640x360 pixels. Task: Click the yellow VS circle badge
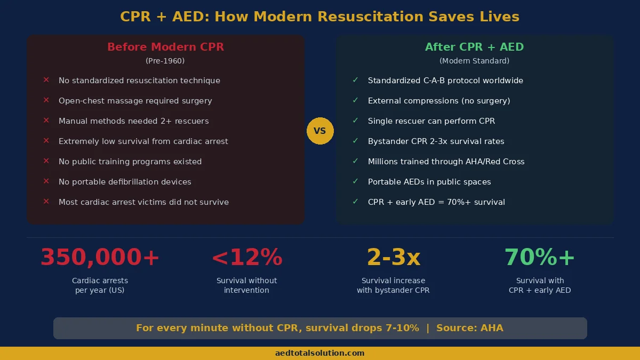coord(320,131)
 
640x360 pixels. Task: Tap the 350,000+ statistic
coord(100,258)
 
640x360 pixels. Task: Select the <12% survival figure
coord(246,258)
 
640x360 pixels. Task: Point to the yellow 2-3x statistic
coord(393,258)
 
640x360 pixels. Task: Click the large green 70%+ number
coord(540,258)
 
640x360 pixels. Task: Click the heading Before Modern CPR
coord(165,47)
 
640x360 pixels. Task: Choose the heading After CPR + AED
coord(474,47)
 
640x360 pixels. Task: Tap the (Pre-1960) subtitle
coord(165,61)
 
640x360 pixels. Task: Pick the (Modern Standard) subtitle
coord(474,61)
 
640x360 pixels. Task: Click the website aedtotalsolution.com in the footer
coord(320,353)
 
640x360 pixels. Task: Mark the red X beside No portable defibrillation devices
coord(46,181)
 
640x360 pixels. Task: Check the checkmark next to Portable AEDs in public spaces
coord(355,181)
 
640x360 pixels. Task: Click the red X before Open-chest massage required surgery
coord(46,100)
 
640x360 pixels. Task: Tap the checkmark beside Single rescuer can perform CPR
coord(355,121)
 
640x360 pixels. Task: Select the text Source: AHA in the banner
coord(469,328)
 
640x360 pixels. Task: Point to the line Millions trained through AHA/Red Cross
coord(446,162)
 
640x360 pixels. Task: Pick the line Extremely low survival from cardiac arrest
coord(143,141)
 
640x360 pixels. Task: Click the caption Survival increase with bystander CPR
coord(393,285)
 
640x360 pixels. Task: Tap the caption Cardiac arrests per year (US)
coord(100,285)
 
